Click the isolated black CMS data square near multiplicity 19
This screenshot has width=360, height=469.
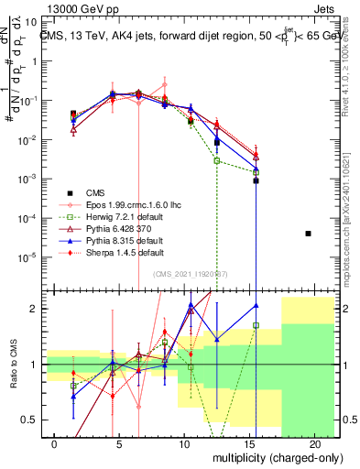[x=309, y=234]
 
